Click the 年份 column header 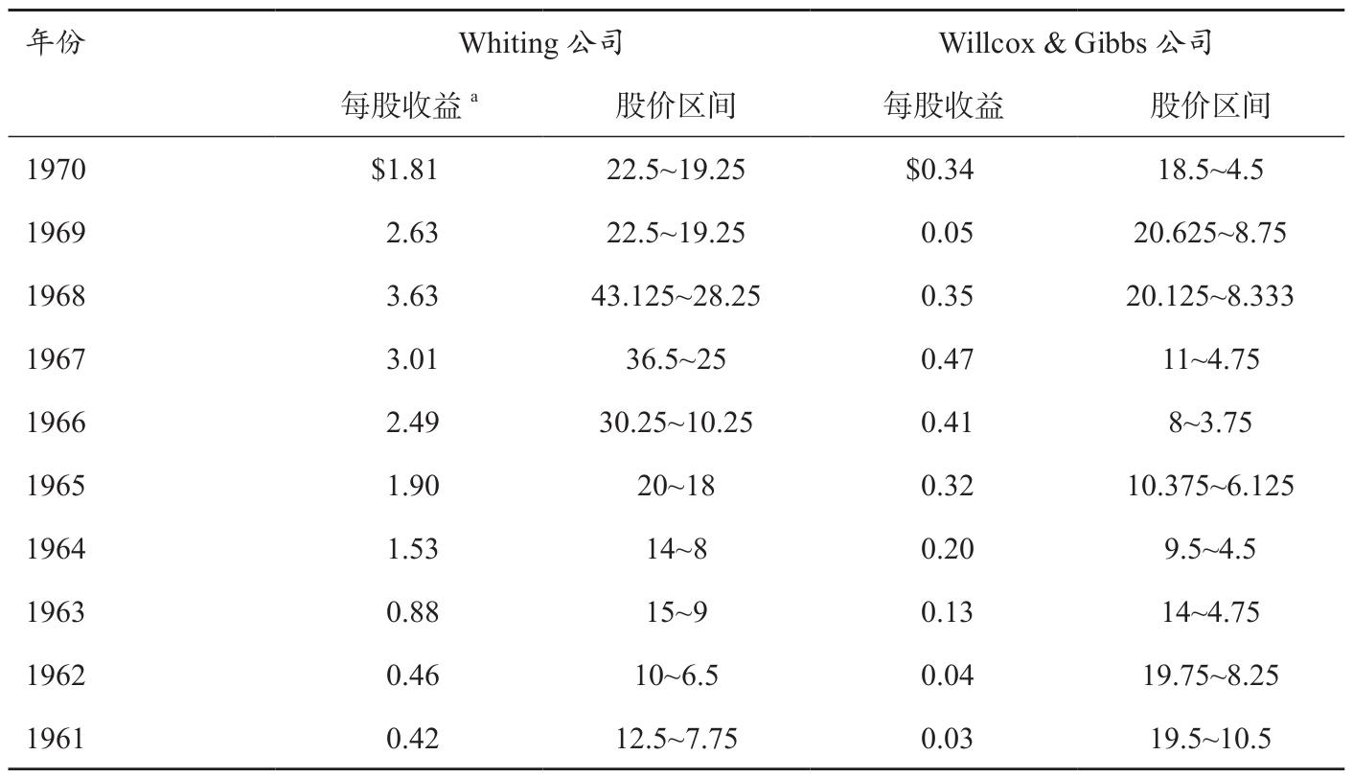56,43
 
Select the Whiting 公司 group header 541,43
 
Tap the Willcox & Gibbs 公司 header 1076,43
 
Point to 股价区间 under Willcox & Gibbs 1210,105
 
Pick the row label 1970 56,170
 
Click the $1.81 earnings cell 404,170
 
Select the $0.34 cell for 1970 940,170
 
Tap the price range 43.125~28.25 676,296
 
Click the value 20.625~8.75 1210,233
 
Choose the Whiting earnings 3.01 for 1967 412,359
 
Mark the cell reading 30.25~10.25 676,423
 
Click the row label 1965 56,486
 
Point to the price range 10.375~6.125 1210,486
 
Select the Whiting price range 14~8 676,549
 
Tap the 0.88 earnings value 412,612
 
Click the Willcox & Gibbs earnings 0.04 947,675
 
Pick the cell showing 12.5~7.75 676,739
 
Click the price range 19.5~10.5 1210,739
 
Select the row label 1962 56,675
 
